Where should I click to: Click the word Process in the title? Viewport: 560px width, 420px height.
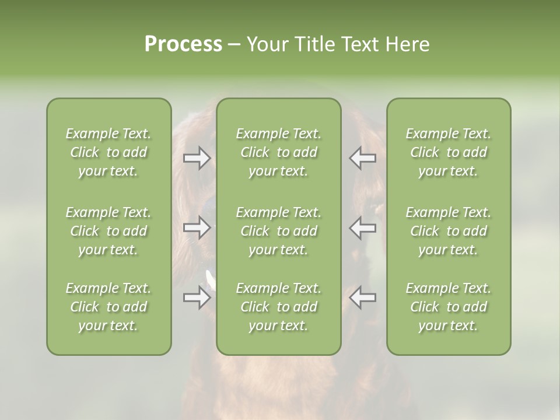pyautogui.click(x=183, y=44)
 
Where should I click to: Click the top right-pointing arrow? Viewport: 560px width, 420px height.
pyautogui.click(x=197, y=158)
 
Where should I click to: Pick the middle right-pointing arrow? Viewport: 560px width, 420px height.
pyautogui.click(x=197, y=228)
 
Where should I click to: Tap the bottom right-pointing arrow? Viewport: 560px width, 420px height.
pyautogui.click(x=197, y=297)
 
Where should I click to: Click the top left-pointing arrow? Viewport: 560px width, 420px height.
pyautogui.click(x=363, y=158)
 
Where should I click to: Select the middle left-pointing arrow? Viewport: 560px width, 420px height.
pyautogui.click(x=363, y=228)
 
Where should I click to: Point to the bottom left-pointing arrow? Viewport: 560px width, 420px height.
pyautogui.click(x=363, y=297)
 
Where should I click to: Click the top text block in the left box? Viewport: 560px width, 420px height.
pyautogui.click(x=108, y=152)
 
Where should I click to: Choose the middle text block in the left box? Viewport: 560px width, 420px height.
pyautogui.click(x=108, y=231)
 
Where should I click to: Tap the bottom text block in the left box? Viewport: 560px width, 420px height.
pyautogui.click(x=108, y=307)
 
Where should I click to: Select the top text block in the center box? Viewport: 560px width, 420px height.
pyautogui.click(x=279, y=152)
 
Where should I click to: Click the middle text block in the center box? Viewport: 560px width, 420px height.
pyautogui.click(x=279, y=231)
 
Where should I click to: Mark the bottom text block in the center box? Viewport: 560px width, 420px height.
pyautogui.click(x=279, y=307)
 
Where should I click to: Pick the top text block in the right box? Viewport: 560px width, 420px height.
pyautogui.click(x=449, y=152)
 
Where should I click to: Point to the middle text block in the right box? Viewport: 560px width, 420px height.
pyautogui.click(x=449, y=231)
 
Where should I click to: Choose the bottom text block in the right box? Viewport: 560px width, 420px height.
pyautogui.click(x=449, y=307)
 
